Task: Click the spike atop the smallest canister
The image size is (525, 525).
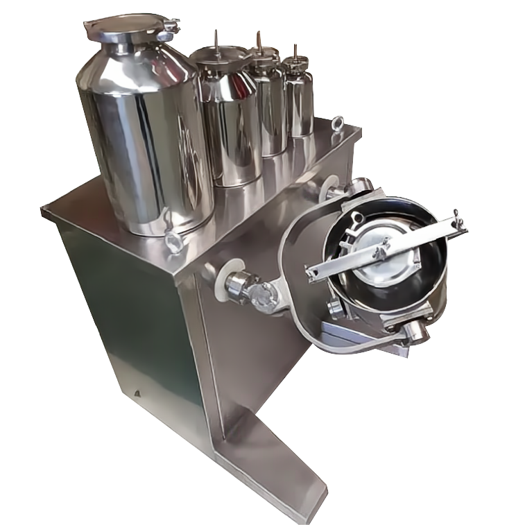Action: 296,53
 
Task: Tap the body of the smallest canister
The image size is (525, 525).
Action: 299,104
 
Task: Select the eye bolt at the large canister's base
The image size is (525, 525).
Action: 172,242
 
